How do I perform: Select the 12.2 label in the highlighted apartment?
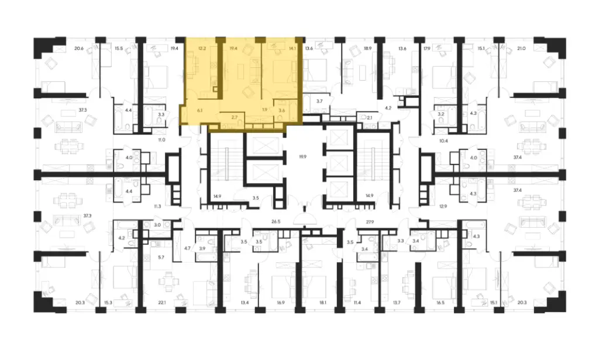(x=202, y=49)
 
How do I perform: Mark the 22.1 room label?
(x=162, y=303)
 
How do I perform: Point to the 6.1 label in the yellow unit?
(x=200, y=110)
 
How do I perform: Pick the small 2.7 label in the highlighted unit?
(x=234, y=118)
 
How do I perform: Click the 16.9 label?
(x=281, y=303)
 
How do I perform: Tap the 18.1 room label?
(x=323, y=303)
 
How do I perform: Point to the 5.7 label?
(x=162, y=257)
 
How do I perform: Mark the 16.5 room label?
(x=440, y=303)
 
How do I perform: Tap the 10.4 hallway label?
(x=443, y=141)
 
